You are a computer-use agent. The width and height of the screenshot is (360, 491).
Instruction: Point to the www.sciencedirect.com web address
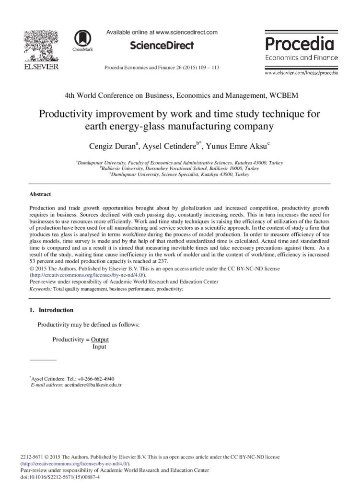(x=187, y=32)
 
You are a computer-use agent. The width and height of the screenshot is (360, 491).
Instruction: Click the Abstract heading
(x=40, y=194)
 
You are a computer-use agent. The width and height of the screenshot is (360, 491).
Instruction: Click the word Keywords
(x=40, y=290)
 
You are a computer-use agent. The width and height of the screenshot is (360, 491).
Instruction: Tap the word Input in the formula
(x=99, y=347)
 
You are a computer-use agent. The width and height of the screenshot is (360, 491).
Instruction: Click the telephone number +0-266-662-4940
(x=99, y=378)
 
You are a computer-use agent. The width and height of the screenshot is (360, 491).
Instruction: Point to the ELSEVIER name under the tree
(x=41, y=65)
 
